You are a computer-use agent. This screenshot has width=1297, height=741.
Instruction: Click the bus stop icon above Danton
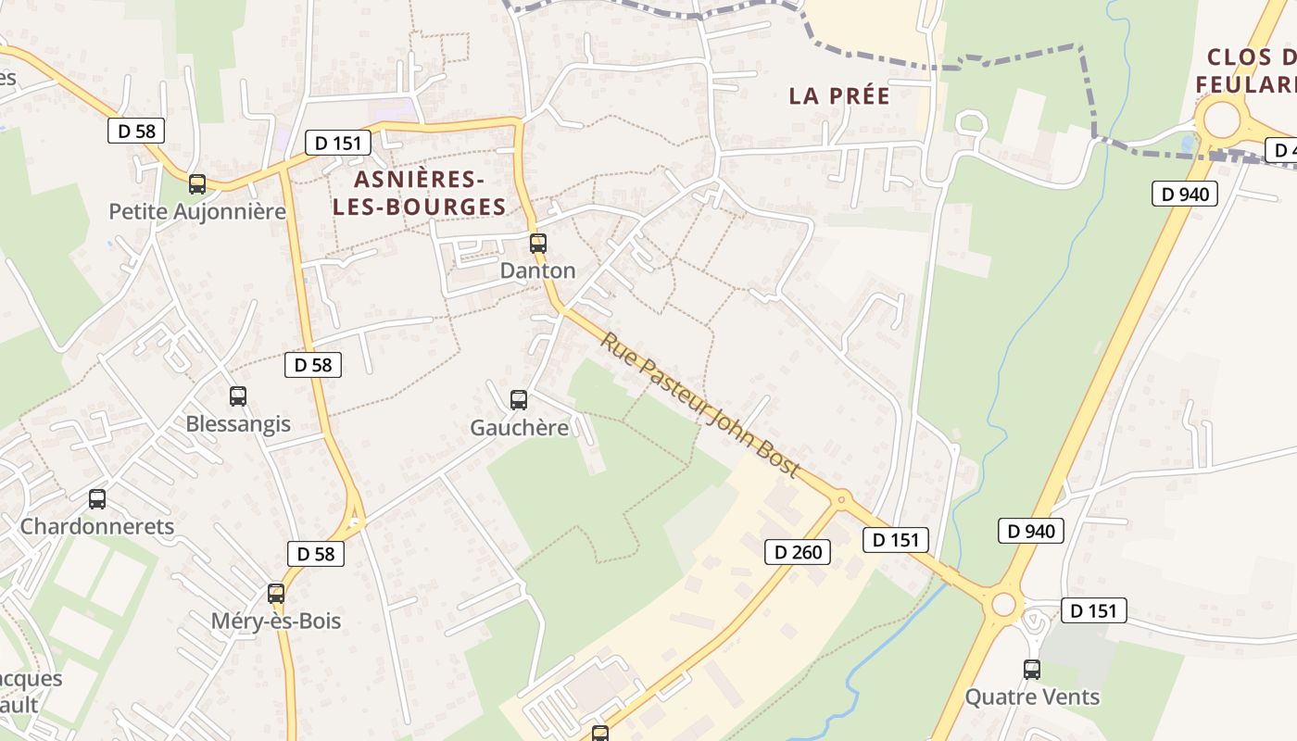coord(538,244)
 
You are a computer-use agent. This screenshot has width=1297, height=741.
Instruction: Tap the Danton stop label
coord(537,270)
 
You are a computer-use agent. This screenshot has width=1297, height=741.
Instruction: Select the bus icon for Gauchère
coord(519,400)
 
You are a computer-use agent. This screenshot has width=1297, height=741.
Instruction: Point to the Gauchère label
coord(519,428)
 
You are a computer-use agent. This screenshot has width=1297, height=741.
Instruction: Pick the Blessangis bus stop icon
coord(238,396)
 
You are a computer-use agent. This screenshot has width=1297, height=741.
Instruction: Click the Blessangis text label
coord(238,424)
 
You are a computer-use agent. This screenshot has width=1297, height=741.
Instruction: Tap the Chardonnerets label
coord(97,526)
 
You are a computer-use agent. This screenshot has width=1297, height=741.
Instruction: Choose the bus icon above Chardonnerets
coord(97,499)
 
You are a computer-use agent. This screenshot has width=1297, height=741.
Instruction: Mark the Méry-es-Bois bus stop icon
coord(276,594)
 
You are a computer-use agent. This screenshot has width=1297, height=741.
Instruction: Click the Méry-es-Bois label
coord(276,622)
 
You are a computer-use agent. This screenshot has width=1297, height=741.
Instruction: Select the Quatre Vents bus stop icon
coord(1032,670)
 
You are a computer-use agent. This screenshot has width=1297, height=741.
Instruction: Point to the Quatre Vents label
coord(1032,697)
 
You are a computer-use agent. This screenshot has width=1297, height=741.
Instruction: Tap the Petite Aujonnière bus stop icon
coord(197,184)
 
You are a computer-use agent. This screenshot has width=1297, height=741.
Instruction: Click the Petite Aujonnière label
coord(197,211)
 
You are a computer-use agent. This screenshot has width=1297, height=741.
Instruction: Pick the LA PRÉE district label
coord(839,95)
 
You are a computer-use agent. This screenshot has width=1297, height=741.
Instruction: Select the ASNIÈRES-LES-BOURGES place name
coord(420,193)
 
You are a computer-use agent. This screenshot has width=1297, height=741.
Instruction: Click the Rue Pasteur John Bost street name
coord(699,405)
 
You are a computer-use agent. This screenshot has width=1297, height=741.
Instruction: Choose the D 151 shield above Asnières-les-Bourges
coord(338,143)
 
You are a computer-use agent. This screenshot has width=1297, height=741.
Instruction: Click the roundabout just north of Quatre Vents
coord(1004,605)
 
